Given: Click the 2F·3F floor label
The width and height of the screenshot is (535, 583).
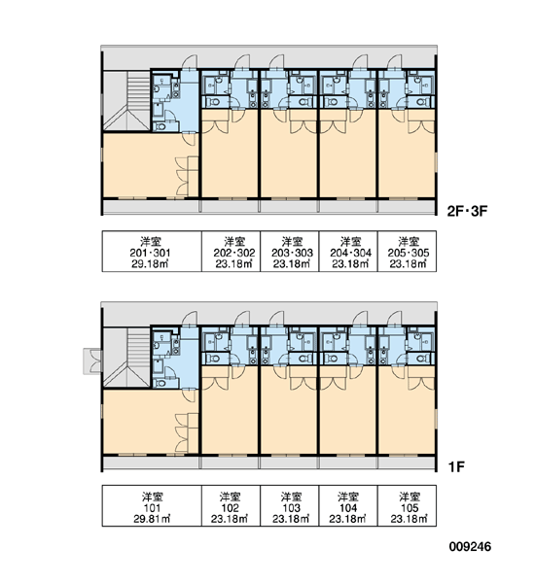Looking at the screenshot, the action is [467, 211].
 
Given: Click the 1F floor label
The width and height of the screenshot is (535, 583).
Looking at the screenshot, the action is [456, 466].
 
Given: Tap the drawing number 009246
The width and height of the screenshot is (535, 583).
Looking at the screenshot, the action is [470, 546].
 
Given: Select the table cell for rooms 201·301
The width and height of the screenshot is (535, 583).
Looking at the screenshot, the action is [152, 252].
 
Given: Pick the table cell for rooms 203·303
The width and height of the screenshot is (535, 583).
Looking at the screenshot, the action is [290, 252].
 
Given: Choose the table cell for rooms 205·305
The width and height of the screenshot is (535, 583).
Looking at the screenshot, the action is [407, 252].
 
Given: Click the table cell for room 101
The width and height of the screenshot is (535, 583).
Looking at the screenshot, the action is [152, 505].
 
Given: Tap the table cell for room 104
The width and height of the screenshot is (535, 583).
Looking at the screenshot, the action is [348, 505].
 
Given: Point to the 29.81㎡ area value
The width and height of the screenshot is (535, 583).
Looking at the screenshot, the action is [152, 519].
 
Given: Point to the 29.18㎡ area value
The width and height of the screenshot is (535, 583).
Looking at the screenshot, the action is [151, 264].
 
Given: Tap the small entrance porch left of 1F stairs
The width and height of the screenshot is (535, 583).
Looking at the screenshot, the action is [92, 361].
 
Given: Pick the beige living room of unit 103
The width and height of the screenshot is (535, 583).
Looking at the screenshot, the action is [289, 410].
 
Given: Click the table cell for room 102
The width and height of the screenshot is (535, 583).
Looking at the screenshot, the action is [231, 505].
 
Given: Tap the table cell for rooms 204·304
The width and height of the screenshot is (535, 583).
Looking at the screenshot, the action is [348, 252].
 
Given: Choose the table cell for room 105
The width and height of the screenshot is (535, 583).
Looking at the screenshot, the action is [407, 505].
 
